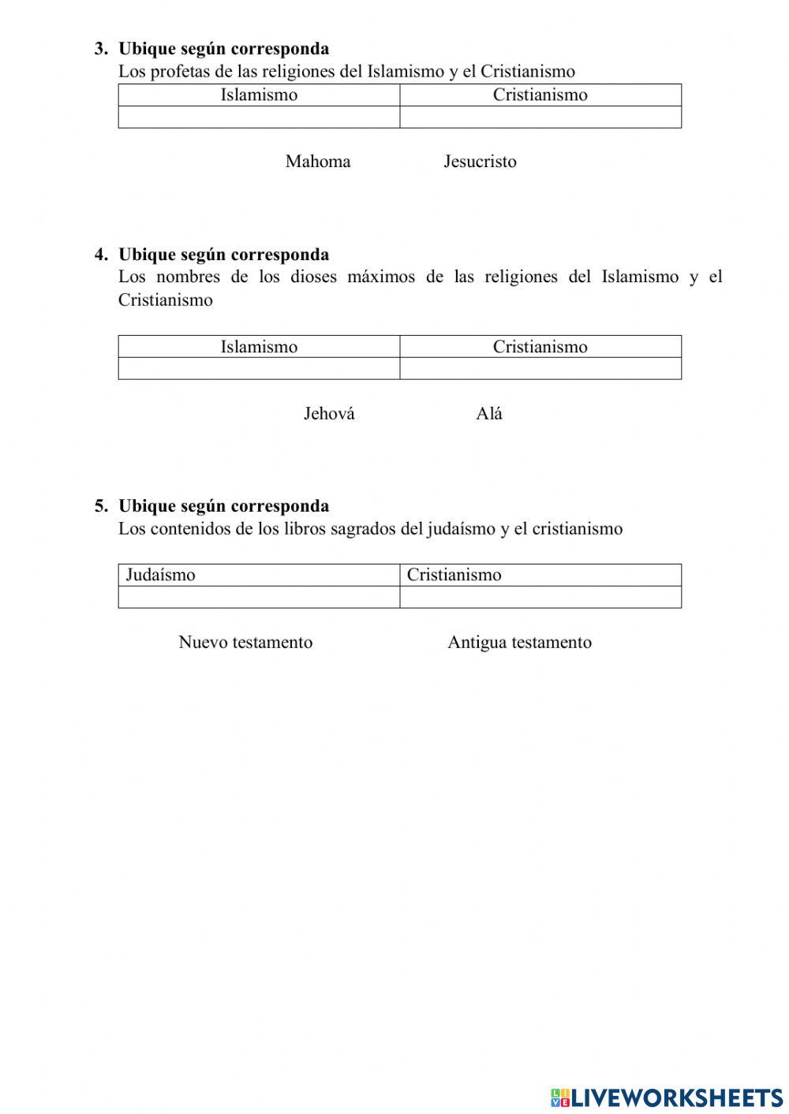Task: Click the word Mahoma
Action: [x=318, y=162]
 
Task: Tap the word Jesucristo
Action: [x=480, y=162]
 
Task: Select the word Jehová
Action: [x=329, y=414]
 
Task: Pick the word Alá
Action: [x=489, y=414]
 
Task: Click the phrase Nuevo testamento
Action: [x=245, y=643]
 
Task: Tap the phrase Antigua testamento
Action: [x=519, y=643]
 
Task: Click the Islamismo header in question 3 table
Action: [x=259, y=95]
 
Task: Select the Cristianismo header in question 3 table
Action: [x=540, y=95]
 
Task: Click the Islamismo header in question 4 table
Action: [x=259, y=347]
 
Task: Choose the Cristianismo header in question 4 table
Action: [x=540, y=347]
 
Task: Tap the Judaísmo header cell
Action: [x=160, y=575]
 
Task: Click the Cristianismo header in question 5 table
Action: [x=454, y=575]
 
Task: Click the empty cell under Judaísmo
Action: [x=259, y=597]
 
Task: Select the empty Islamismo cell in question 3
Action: [x=259, y=117]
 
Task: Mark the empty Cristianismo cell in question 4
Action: [x=540, y=368]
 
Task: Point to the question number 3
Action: [x=101, y=49]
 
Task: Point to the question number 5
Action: [x=101, y=506]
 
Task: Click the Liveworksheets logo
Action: [x=667, y=1097]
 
